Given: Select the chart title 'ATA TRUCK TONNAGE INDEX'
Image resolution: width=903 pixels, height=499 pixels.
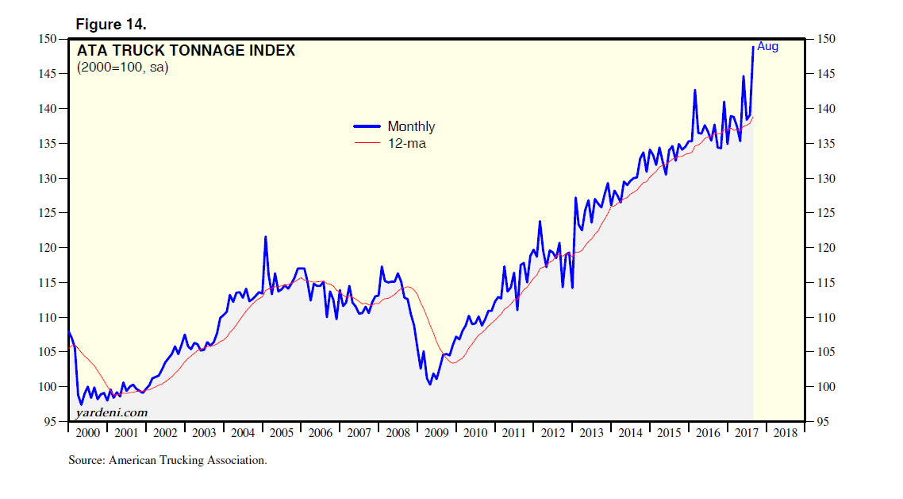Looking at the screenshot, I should [186, 51].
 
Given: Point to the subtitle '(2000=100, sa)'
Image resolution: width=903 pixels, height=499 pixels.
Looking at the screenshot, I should [122, 68].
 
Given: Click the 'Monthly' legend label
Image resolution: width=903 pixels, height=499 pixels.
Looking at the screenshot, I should [411, 126].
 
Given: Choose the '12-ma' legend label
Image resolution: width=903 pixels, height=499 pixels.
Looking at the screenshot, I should [407, 144].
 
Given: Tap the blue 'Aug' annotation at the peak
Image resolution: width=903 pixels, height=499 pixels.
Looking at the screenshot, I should [767, 47].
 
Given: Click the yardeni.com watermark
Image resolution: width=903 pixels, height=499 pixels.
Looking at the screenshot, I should [112, 412].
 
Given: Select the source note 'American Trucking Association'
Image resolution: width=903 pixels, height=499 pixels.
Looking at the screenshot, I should [187, 459].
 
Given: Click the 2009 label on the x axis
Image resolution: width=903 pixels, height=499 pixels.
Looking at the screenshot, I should [436, 433].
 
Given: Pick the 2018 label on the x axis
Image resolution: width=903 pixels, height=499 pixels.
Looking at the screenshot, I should [786, 433].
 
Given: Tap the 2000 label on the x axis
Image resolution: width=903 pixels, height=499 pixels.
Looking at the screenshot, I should [87, 433].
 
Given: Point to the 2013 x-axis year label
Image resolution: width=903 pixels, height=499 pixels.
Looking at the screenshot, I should [591, 433].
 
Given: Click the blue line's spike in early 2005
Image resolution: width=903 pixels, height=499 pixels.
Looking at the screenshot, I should [265, 237].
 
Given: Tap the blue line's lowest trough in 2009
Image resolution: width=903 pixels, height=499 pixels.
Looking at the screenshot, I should [429, 384].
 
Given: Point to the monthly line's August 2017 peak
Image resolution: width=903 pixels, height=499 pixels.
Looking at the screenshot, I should [752, 47].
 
